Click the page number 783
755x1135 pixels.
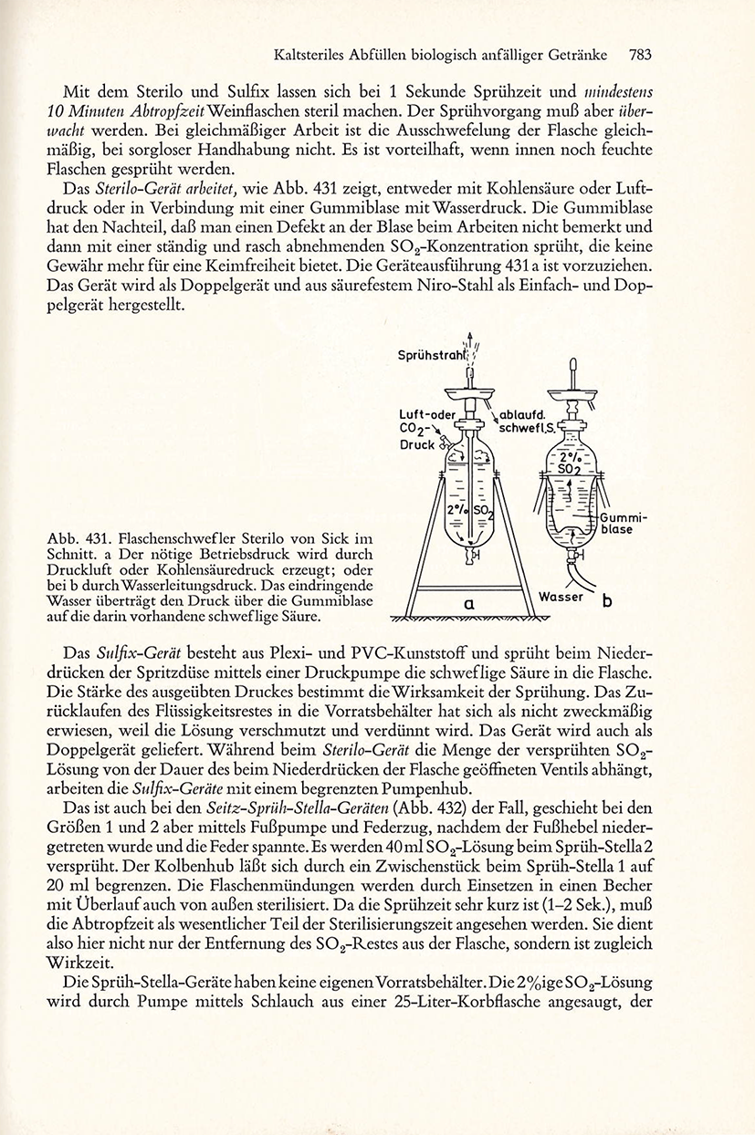click(x=639, y=55)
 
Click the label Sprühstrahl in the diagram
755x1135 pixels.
click(x=431, y=356)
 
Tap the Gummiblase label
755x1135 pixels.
click(x=617, y=524)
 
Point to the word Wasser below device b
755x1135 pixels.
click(x=561, y=597)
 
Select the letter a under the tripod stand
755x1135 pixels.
click(x=469, y=603)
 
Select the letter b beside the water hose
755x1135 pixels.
click(x=606, y=601)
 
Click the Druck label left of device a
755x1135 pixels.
click(x=418, y=445)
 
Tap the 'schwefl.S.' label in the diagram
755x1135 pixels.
click(x=529, y=428)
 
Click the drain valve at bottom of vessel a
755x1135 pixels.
click(x=471, y=556)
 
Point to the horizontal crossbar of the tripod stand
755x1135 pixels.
click(x=470, y=588)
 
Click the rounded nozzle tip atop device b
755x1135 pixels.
click(x=573, y=364)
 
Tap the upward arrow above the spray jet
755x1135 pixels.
click(x=469, y=338)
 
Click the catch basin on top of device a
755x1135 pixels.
click(x=469, y=393)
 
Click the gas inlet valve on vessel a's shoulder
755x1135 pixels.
click(x=445, y=443)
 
